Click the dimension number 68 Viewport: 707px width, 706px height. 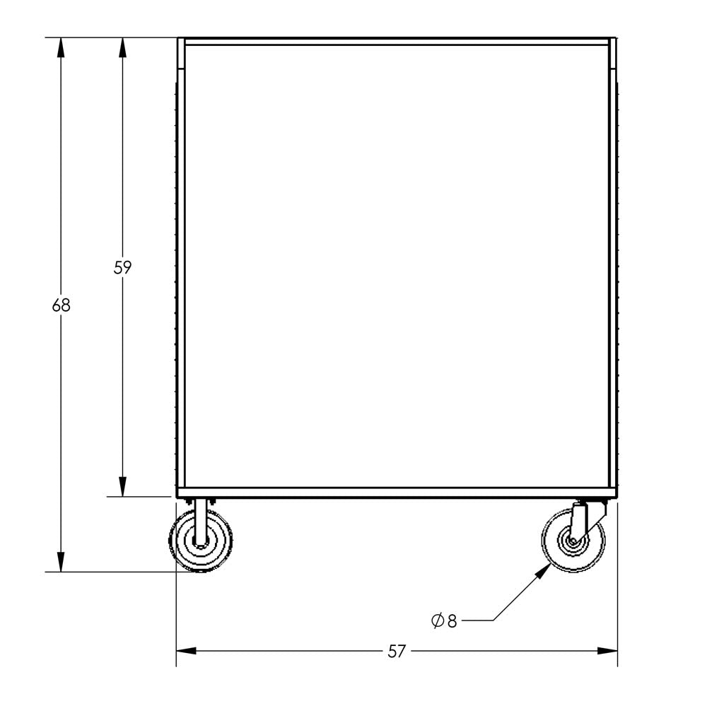click(x=61, y=306)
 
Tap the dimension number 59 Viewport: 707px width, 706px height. click(x=122, y=268)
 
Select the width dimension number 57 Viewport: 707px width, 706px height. click(x=397, y=652)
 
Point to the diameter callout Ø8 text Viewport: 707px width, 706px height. click(x=444, y=620)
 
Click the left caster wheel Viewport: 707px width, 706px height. click(x=201, y=541)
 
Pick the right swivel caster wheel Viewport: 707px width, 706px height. click(x=573, y=541)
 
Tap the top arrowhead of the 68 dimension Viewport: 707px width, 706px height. click(x=61, y=48)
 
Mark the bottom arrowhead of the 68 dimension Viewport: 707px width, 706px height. click(x=61, y=562)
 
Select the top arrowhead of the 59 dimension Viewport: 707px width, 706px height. click(x=122, y=48)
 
